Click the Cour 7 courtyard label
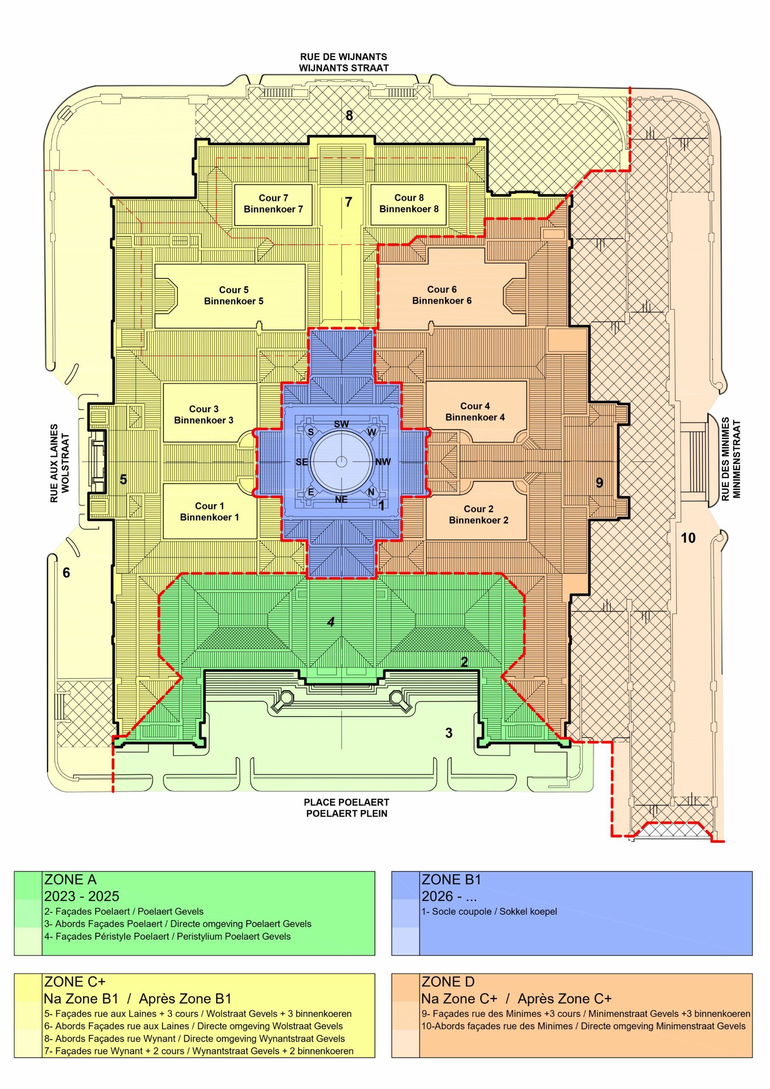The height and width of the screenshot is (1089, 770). point(273,203)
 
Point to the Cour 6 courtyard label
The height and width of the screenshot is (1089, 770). point(442,295)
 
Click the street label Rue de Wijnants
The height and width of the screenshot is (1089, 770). point(343,57)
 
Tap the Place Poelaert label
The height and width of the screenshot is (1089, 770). point(346,802)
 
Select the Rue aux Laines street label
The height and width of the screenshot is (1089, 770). point(54,463)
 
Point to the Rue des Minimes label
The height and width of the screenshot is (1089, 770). point(725,458)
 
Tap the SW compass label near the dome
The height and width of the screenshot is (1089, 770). point(341,425)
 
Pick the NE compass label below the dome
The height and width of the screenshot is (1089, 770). point(341,499)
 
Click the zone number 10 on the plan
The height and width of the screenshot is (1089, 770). point(688,538)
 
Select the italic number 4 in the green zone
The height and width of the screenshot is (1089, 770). point(331,621)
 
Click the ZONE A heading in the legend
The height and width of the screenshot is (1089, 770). point(70,880)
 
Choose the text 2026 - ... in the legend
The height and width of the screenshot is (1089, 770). point(449,896)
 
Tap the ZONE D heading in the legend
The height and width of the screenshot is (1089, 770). point(448,982)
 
